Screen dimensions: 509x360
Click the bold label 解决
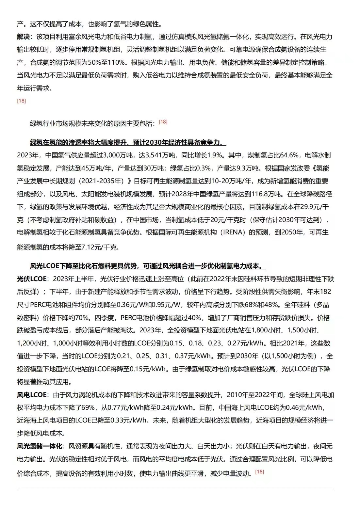click(x=23, y=37)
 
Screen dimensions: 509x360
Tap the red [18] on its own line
click(x=21, y=101)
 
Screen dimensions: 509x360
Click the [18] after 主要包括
click(x=163, y=122)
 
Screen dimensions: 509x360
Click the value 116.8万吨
click(x=266, y=194)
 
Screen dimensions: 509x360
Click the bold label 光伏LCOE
click(x=32, y=279)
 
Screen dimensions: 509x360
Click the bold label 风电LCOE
click(x=32, y=395)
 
